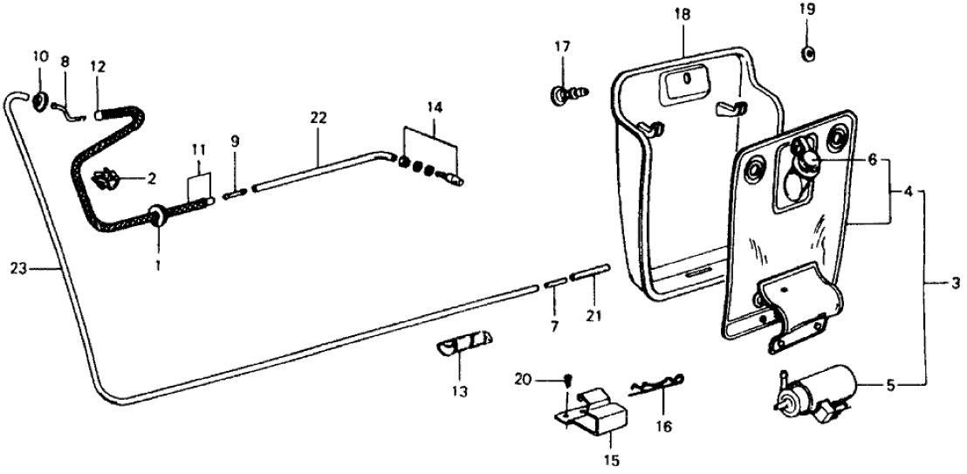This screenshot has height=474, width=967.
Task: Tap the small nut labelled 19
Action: point(808,54)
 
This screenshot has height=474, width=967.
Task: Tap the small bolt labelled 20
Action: point(566,380)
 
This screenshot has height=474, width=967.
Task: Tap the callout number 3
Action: point(956,283)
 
